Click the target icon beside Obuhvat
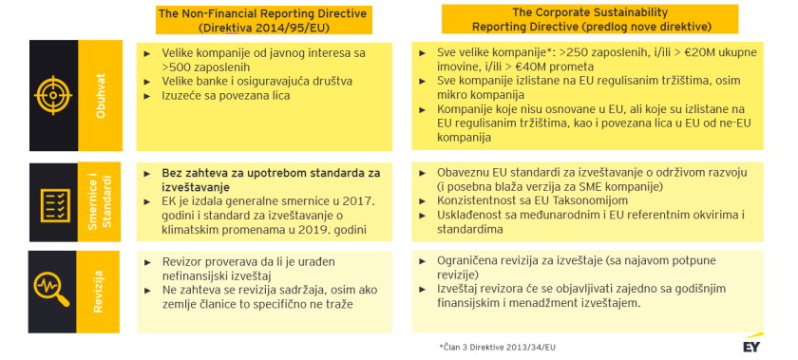pos(52,95)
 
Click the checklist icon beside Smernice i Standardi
pos(52,201)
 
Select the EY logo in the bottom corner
pos(751,343)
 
